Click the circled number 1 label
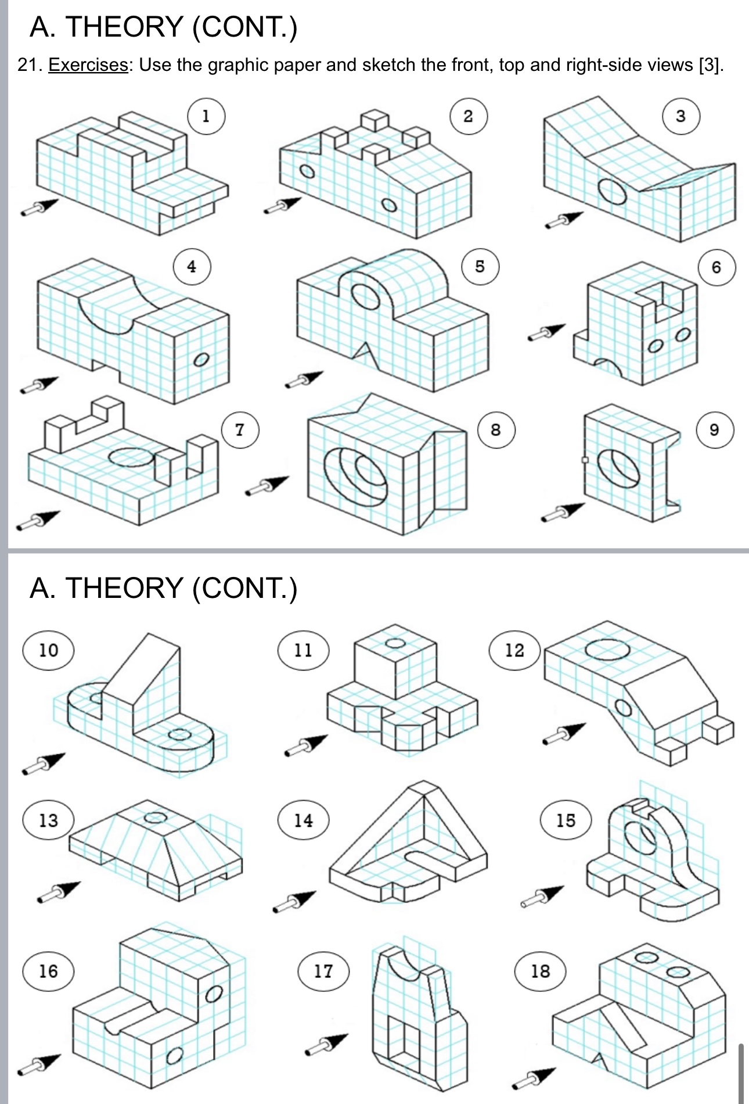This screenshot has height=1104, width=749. click(x=206, y=117)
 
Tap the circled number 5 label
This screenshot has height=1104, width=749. click(x=480, y=267)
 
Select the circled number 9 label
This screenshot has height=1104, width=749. click(x=715, y=430)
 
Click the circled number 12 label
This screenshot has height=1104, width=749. click(x=514, y=650)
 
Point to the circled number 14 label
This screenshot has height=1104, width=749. click(x=303, y=820)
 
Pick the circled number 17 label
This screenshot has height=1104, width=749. click(x=323, y=971)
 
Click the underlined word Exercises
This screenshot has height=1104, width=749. click(x=88, y=64)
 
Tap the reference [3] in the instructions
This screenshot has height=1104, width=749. click(x=710, y=64)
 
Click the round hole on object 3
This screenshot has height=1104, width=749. click(x=613, y=191)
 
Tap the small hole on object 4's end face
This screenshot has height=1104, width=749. click(x=200, y=360)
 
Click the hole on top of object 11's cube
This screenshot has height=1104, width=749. click(x=395, y=643)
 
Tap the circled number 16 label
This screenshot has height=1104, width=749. click(x=48, y=971)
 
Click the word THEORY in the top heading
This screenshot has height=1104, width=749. click(x=124, y=27)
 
